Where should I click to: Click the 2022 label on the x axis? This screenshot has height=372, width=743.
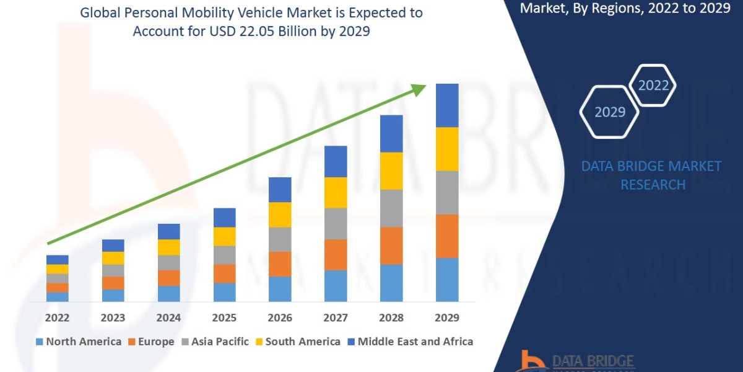coord(57,317)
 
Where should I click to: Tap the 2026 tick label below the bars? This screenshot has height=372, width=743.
coord(280,317)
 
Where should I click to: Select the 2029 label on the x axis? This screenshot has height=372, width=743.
coord(447,317)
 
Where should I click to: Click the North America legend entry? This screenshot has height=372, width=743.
coord(79,342)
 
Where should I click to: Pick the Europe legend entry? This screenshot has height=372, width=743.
coord(152,342)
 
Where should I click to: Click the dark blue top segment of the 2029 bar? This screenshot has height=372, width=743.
coord(447,105)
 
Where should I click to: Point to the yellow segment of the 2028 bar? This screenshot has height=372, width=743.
coord(391,170)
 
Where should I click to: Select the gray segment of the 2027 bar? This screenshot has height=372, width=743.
coord(336,223)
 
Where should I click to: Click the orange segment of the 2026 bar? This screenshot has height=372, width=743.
coord(280,264)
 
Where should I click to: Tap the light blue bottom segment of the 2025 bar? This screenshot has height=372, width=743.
coord(224,292)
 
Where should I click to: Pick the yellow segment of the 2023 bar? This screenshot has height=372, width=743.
coord(113,258)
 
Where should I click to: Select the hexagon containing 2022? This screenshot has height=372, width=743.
coord(653,86)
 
